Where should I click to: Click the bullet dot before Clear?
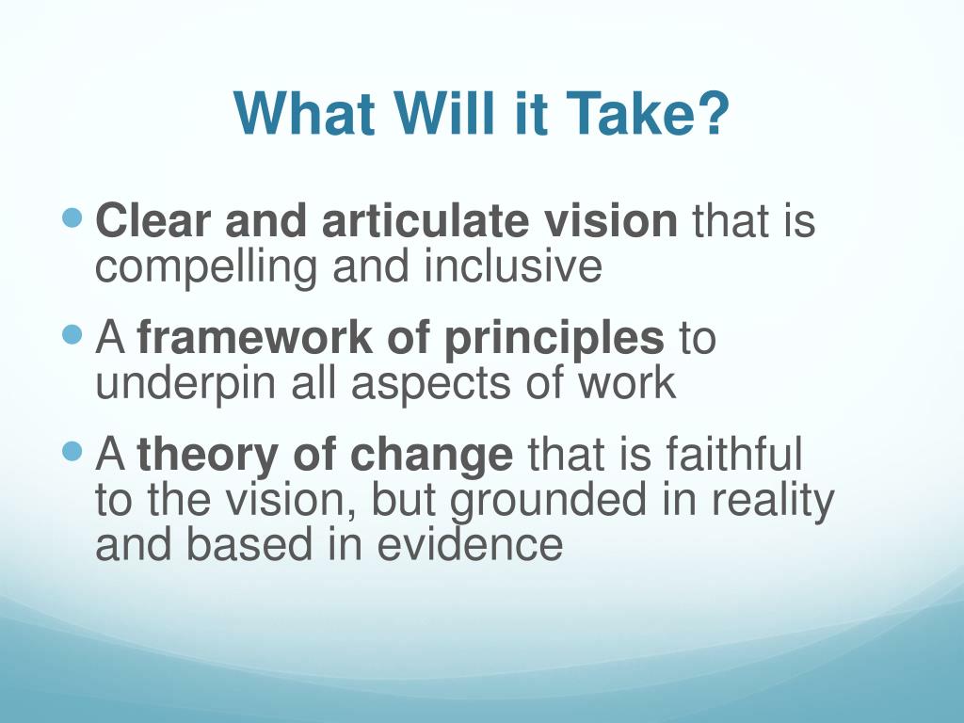(72, 217)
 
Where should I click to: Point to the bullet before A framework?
(72, 335)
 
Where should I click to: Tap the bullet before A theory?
(72, 452)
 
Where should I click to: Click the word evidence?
(470, 543)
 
